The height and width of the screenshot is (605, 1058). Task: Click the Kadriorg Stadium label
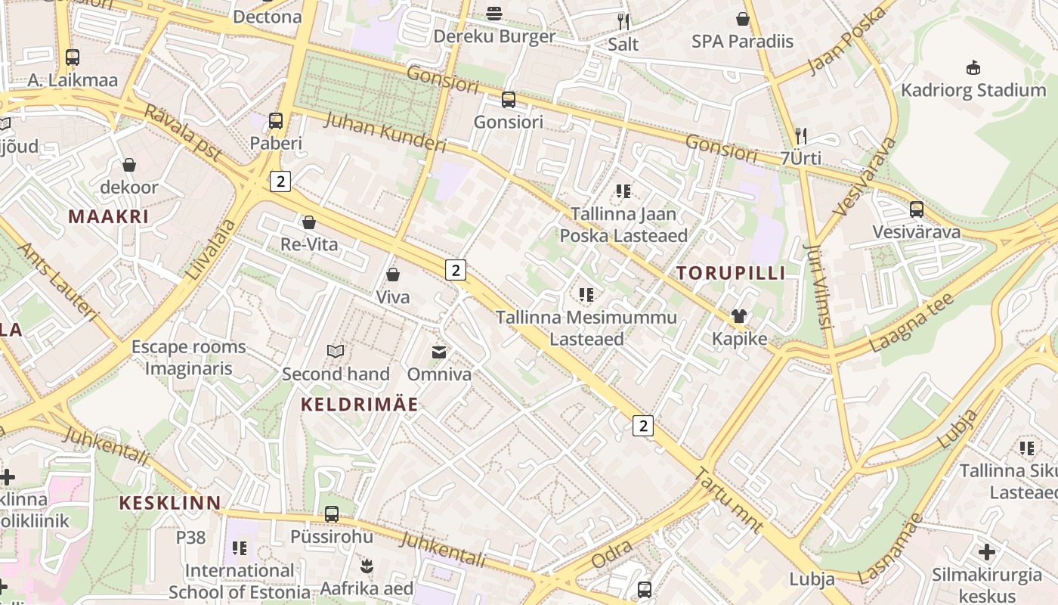pos(973,91)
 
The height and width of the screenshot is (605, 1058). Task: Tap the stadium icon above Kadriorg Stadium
pos(973,68)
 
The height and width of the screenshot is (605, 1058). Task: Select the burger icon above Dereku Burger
pos(494,13)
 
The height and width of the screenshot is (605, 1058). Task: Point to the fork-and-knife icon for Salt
pos(623,21)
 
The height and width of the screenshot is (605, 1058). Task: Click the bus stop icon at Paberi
pos(276,120)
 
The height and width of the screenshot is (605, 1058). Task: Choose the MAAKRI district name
pos(109,216)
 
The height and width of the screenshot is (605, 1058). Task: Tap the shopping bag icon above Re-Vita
pos(308,222)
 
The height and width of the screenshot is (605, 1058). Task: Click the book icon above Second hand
pos(336,351)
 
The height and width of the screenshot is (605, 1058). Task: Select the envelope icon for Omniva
pos(438,352)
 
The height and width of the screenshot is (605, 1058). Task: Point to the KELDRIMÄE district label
pos(360,405)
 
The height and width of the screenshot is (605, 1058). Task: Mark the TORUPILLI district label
pos(731,273)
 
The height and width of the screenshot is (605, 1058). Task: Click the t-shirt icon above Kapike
pos(739,316)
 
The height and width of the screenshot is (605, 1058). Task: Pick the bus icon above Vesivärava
pos(916,209)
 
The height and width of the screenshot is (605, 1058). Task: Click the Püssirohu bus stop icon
pos(331,514)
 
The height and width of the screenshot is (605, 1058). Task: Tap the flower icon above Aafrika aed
pos(367,566)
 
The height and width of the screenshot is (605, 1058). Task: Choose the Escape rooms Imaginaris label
pos(189,358)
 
